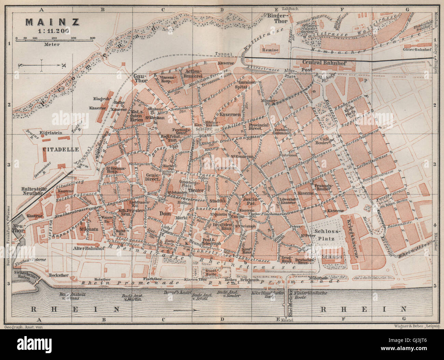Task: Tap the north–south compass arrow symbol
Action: coord(51,65)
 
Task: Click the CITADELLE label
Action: coord(61,149)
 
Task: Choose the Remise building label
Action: coord(270,50)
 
